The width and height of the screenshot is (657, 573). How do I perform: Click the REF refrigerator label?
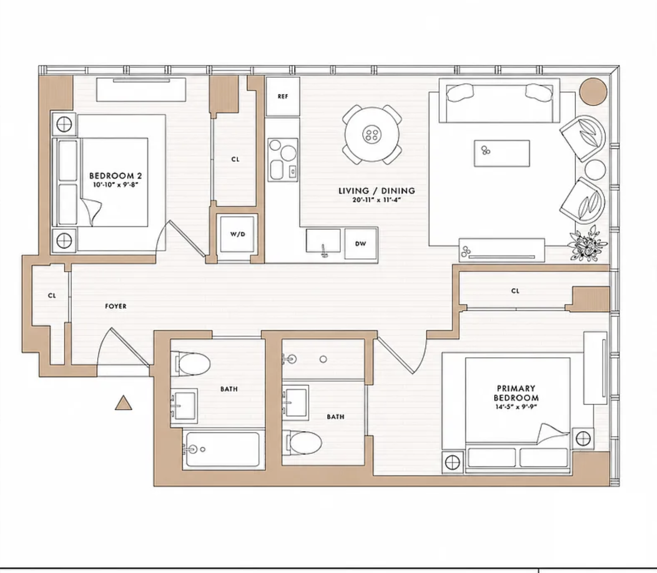[282, 96]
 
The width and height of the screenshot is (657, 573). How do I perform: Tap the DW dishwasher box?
[361, 244]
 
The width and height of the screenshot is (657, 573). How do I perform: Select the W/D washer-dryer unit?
[237, 234]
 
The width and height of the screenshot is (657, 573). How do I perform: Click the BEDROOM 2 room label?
[115, 175]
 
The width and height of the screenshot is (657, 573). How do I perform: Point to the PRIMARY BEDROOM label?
[516, 393]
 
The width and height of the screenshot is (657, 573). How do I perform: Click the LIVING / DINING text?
[377, 191]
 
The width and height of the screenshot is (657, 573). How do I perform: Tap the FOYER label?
[115, 306]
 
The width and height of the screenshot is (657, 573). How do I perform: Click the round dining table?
[372, 134]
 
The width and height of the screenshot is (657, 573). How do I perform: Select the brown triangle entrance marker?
[124, 402]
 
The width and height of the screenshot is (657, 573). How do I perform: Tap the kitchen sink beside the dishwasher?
[323, 241]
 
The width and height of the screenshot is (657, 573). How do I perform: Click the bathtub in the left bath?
[223, 449]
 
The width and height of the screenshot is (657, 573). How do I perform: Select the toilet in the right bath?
[303, 442]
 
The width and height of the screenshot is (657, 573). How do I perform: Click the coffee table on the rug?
[502, 153]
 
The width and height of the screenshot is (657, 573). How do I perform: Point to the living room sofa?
[499, 100]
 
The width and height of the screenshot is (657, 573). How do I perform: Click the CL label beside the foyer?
[52, 295]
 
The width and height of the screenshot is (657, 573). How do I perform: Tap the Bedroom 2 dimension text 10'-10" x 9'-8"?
[115, 184]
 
